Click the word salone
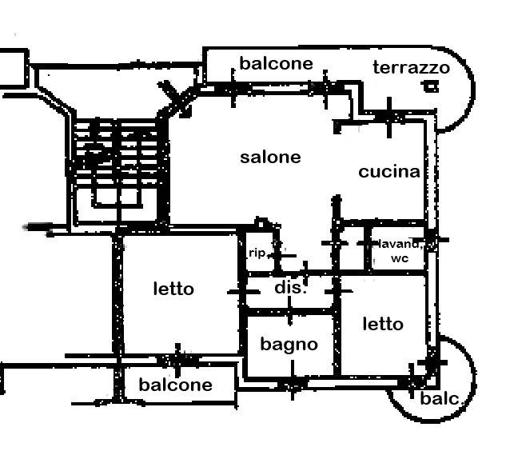pos(270,158)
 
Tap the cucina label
pos(388,172)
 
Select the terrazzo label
pos(411,68)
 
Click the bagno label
pos(289,345)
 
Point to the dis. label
pos(290,287)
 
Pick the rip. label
pos(257,253)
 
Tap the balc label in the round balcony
pos(439,398)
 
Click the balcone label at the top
pos(276,63)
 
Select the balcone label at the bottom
pos(176,385)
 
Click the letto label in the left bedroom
pos(173,289)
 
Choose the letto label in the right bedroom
pos(383,324)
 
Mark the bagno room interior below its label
pos(289,365)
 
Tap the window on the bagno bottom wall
pos(293,385)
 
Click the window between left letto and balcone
pos(177,357)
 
